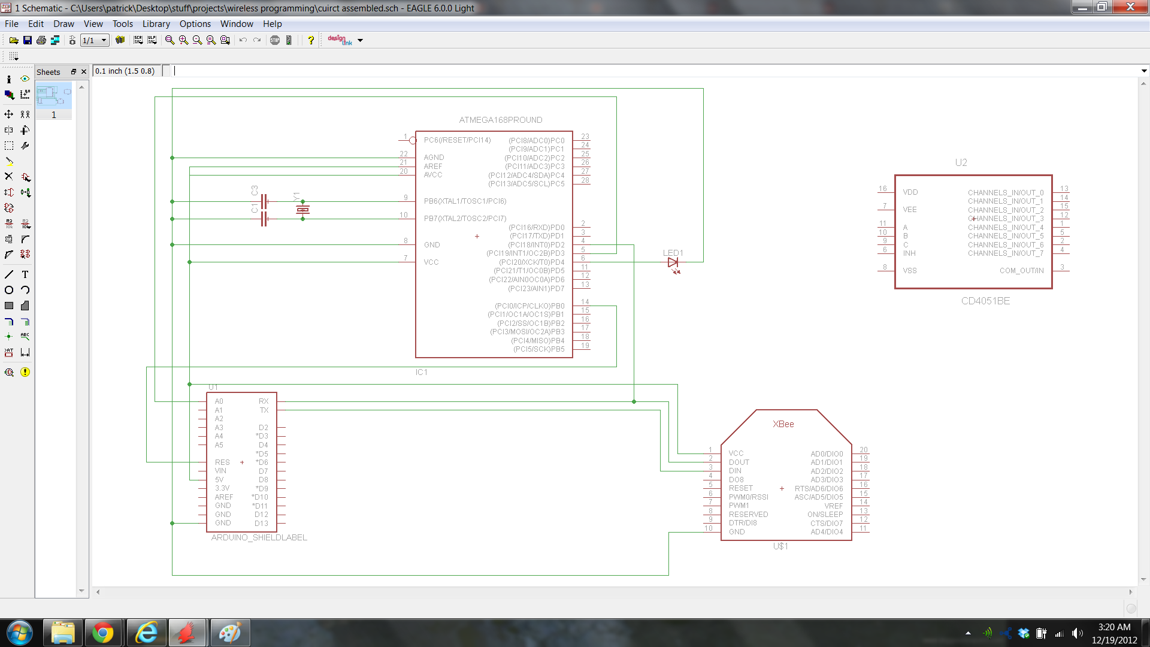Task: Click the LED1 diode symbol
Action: pos(673,262)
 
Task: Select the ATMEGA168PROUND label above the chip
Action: pos(500,120)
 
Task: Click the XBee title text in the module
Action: pos(783,424)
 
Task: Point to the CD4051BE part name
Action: pos(985,301)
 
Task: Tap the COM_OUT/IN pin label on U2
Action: pos(1021,271)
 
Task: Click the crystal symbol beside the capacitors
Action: pos(302,210)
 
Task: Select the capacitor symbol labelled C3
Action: pos(264,201)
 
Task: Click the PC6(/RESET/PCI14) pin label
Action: pos(457,140)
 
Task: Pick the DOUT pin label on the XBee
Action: pos(739,462)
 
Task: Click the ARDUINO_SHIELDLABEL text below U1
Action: pos(259,537)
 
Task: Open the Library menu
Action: pos(156,24)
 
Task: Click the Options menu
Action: pos(195,24)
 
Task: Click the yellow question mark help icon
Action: pos(310,40)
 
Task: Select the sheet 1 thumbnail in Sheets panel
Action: pos(53,96)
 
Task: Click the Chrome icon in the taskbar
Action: pos(102,633)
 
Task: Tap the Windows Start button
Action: pos(19,633)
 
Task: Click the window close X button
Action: pos(1130,7)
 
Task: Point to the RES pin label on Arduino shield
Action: pos(222,462)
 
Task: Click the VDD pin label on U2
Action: pos(910,192)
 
